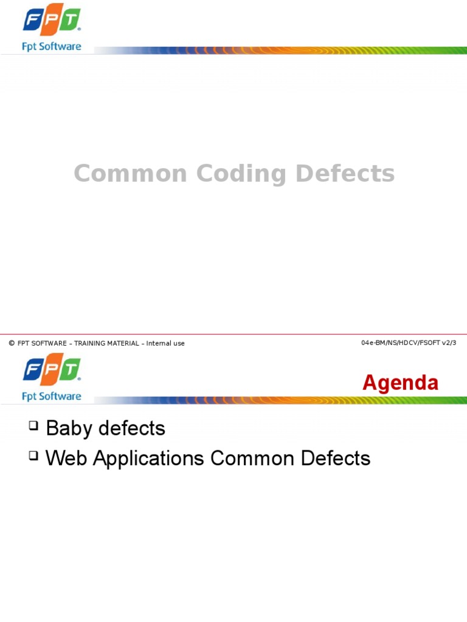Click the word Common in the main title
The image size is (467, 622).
pyautogui.click(x=130, y=174)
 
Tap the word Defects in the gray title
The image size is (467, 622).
pyautogui.click(x=345, y=174)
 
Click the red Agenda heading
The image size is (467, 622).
pyautogui.click(x=400, y=383)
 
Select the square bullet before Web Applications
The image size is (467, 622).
pyautogui.click(x=33, y=456)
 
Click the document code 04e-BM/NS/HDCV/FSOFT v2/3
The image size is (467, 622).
pyautogui.click(x=409, y=343)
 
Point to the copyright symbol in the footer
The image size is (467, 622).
pyautogui.click(x=12, y=344)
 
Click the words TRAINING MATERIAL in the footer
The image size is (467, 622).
pyautogui.click(x=106, y=344)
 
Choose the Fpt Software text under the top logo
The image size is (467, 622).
pyautogui.click(x=52, y=46)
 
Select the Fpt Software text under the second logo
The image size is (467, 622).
pyautogui.click(x=52, y=396)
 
